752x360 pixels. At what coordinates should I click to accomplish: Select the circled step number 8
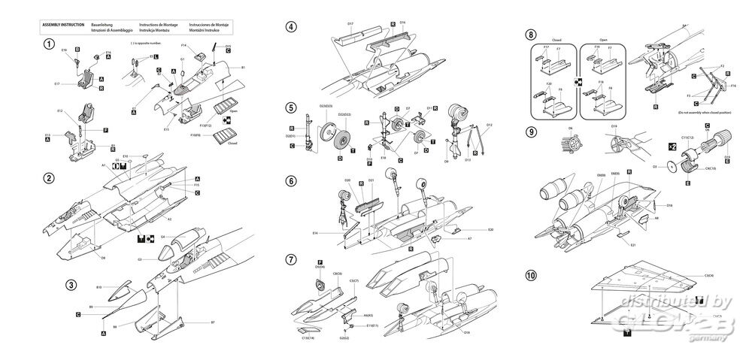pos(532,35)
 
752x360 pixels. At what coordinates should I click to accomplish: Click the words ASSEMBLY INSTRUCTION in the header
pos(63,24)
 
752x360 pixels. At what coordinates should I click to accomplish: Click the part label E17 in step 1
pos(57,83)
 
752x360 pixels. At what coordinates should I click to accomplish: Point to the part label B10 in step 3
pos(100,287)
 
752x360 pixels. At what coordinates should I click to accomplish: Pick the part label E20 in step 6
pos(490,228)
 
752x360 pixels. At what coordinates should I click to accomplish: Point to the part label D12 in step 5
pos(489,125)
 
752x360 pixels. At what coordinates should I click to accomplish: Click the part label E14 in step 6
pos(336,234)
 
